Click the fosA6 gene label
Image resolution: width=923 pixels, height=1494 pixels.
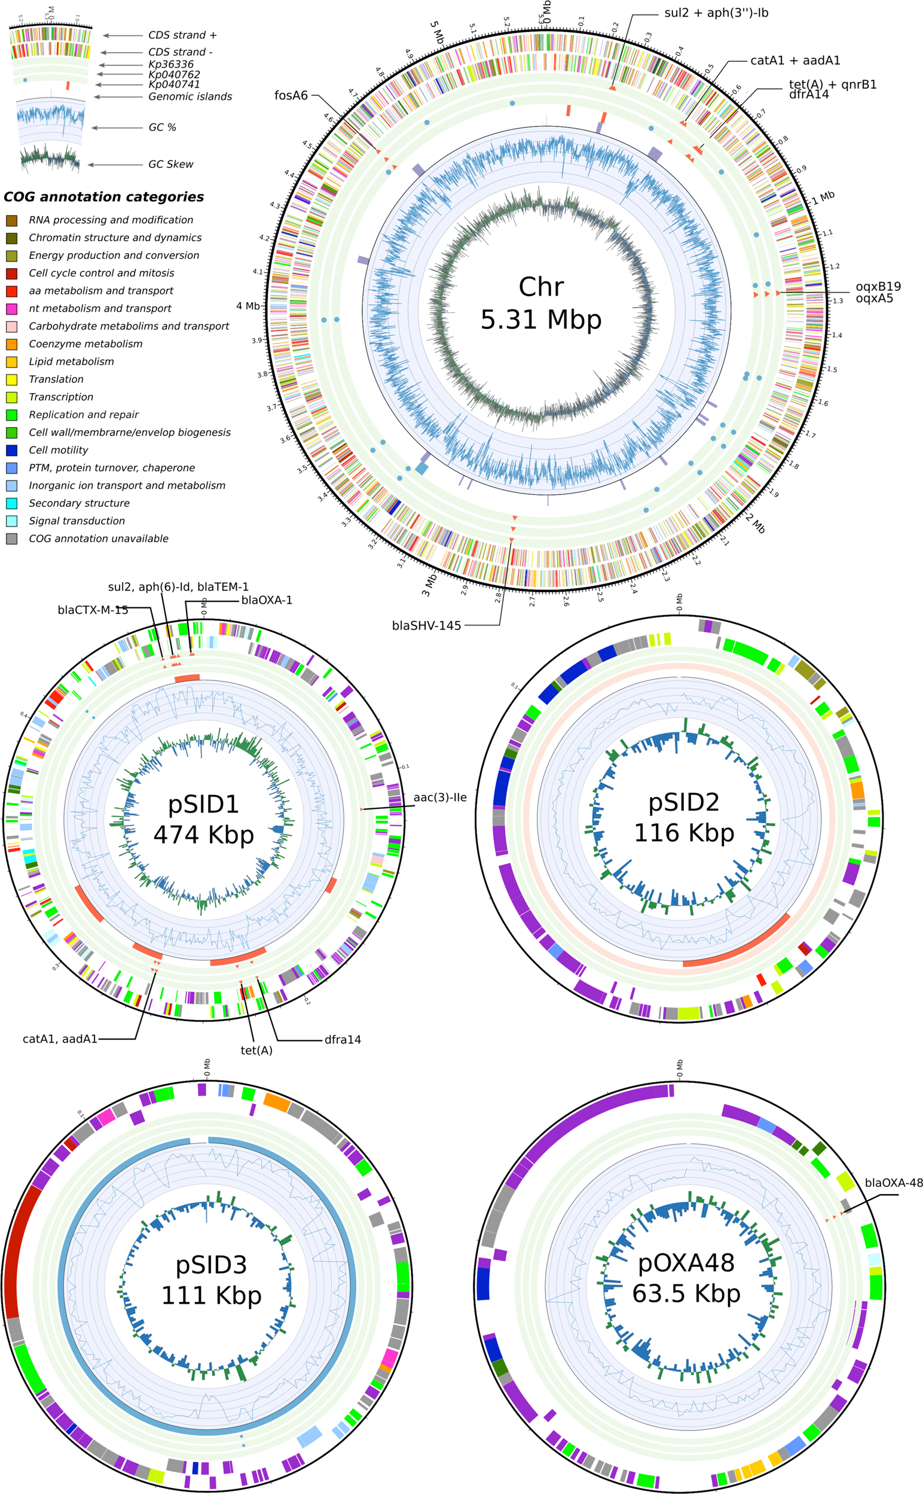point(291,96)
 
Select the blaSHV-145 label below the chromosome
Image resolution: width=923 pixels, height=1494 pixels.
point(426,625)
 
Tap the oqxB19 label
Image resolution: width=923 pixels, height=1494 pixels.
point(878,287)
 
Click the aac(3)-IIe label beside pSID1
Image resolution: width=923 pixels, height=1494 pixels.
point(439,798)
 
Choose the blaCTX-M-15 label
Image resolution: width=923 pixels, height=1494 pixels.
point(93,610)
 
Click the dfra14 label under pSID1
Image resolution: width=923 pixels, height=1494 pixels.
point(343,1039)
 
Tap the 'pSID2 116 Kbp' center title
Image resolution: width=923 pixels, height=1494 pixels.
point(684,817)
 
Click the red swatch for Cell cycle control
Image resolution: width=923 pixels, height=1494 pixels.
point(11,273)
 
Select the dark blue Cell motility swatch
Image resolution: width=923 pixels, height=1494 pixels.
point(11,451)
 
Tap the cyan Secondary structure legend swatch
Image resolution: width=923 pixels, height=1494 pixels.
point(11,504)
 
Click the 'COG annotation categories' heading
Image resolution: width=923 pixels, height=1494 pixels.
point(104,197)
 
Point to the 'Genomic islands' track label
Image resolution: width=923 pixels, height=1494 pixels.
point(190,96)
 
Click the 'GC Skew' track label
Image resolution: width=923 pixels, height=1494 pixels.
point(170,165)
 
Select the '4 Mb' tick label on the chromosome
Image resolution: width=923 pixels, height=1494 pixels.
point(248,306)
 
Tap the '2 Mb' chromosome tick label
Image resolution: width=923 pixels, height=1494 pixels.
point(755,523)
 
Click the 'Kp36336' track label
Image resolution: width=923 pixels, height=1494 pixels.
point(171,64)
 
